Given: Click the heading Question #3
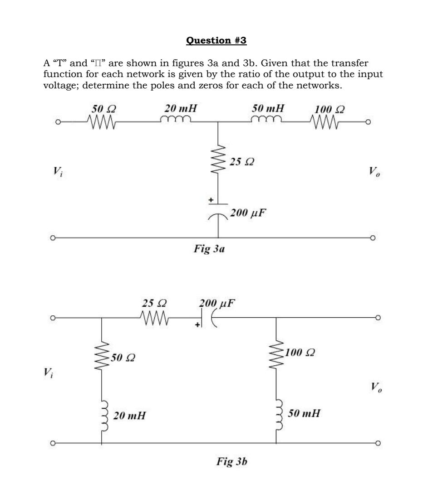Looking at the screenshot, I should (x=216, y=41).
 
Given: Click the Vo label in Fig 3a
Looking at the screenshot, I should (x=373, y=173).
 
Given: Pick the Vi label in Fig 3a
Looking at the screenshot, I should (x=57, y=172).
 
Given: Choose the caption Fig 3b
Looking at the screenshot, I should (x=231, y=462).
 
